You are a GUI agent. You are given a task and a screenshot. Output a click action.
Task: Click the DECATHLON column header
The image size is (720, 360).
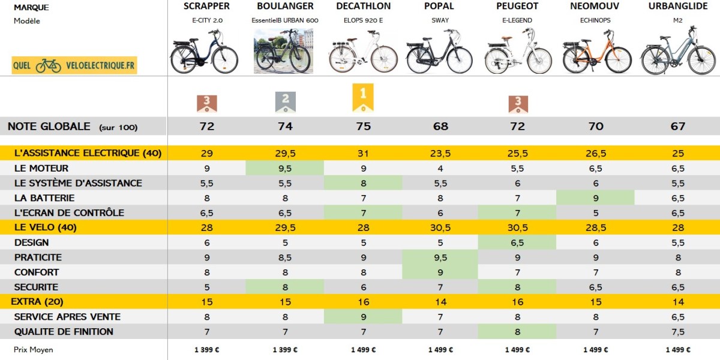pos(363,6)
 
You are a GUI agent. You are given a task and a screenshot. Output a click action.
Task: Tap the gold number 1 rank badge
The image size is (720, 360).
pos(363,97)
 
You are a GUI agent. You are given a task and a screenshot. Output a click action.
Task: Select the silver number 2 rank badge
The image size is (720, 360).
pos(286,103)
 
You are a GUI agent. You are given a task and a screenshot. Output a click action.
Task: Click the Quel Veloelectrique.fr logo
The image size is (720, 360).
pos(74,65)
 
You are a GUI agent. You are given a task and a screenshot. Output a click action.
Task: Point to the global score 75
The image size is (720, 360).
pos(363,127)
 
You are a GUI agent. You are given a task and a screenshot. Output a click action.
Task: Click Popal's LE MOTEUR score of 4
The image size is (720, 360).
pos(440,169)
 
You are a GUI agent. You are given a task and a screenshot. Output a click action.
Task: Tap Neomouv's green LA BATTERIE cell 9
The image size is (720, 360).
pos(595,198)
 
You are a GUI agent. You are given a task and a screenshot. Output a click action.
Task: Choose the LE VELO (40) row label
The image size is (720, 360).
pos(46,227)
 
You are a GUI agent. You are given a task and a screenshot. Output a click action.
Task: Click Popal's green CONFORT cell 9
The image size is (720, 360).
pos(440,272)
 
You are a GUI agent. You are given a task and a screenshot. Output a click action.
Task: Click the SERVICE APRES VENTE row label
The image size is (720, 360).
pos(67,317)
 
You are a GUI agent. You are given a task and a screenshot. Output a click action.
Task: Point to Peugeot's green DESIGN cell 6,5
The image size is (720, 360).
pos(517,242)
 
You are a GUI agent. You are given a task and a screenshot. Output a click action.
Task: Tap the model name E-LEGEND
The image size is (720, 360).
pos(517,20)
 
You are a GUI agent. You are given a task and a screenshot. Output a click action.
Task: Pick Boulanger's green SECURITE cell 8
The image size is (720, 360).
pos(285,287)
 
